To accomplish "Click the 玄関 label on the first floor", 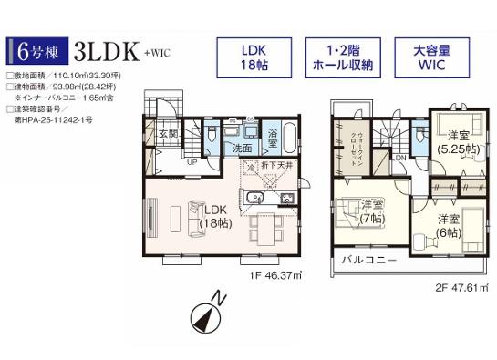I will click(169, 135).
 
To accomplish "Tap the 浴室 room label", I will click(273, 139).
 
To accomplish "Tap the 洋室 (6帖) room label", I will click(447, 225).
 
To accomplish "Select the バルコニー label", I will click(369, 260).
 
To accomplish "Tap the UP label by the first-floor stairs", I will click(191, 162).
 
